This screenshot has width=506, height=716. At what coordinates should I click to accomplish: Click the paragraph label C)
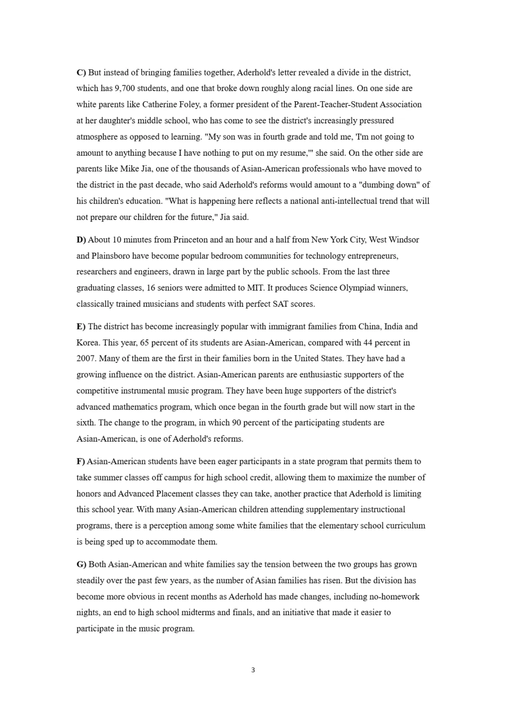tap(82, 73)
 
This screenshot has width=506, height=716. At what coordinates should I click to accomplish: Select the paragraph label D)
tap(82, 240)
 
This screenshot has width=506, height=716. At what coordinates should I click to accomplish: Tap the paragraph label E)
tap(81, 326)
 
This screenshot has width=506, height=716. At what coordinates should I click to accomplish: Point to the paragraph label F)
tap(81, 461)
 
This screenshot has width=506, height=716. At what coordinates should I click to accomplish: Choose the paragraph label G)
tap(82, 565)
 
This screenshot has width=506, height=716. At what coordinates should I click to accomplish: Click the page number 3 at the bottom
tap(253, 670)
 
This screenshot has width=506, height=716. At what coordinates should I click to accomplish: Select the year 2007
tap(86, 359)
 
